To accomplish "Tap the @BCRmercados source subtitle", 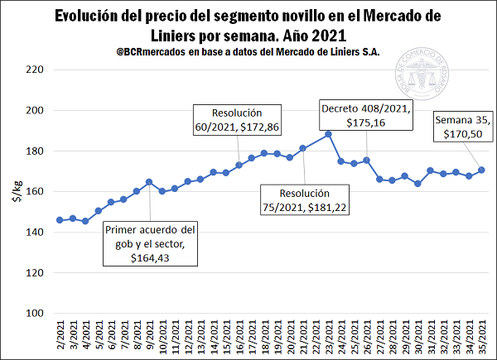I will (x=248, y=52).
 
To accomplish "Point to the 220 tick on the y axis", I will (x=32, y=70).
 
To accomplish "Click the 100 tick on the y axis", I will (x=32, y=313).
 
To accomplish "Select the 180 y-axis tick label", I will (x=32, y=151).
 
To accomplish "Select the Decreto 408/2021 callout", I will (x=365, y=114).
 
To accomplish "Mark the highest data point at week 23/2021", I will (x=328, y=134).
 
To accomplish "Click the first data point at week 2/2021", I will (x=59, y=220).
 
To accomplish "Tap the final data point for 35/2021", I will (x=482, y=170).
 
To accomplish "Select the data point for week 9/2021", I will (x=148, y=182).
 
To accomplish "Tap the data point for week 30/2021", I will (x=417, y=184).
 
